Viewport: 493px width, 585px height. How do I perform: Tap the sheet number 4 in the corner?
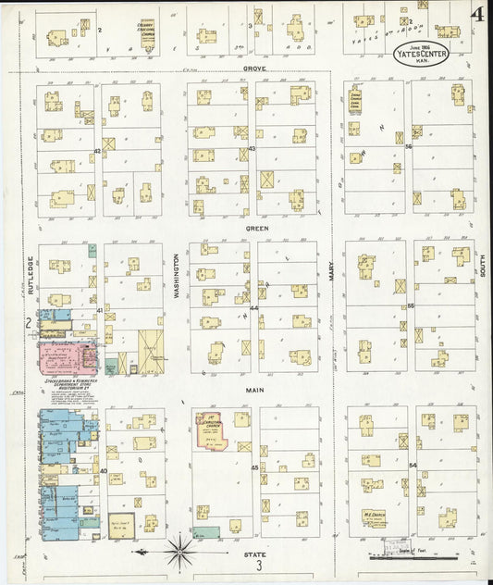[477, 14]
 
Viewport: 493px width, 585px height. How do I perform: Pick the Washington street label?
[176, 275]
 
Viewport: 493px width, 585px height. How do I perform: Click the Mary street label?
[330, 271]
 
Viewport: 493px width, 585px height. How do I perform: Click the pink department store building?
[65, 357]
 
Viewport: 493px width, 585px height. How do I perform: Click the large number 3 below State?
[261, 566]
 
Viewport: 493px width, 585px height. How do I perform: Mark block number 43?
[252, 148]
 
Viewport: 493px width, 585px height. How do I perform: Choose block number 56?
[409, 147]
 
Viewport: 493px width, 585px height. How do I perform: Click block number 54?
[413, 465]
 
